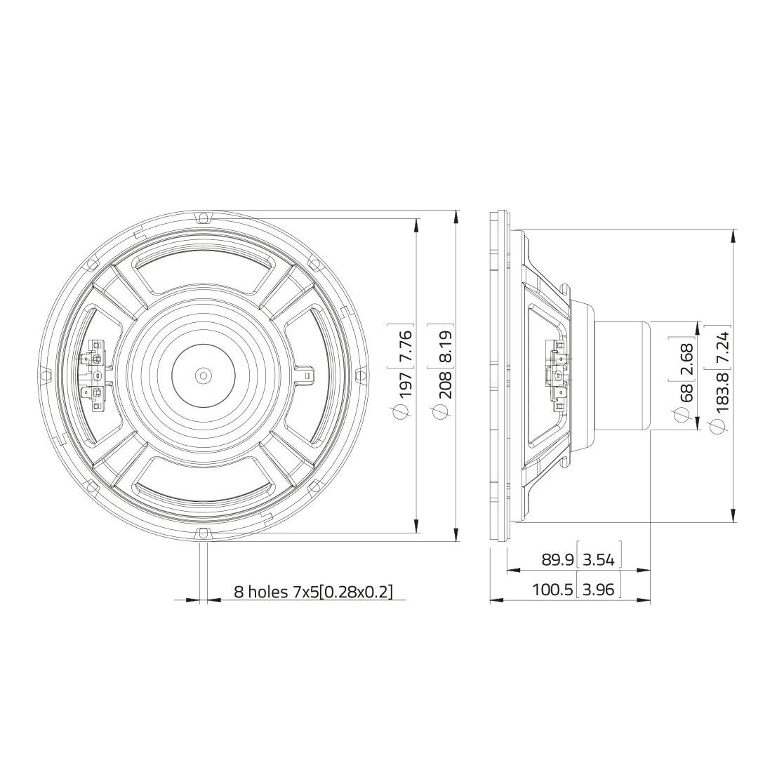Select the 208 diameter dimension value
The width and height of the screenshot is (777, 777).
pyautogui.click(x=445, y=385)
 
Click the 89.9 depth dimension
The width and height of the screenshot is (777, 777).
pyautogui.click(x=557, y=560)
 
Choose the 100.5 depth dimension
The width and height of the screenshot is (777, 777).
pyautogui.click(x=552, y=590)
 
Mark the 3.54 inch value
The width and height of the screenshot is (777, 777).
pyautogui.click(x=599, y=560)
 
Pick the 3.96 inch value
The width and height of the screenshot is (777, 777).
pyautogui.click(x=599, y=590)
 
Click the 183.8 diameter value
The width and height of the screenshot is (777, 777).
pyautogui.click(x=722, y=392)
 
